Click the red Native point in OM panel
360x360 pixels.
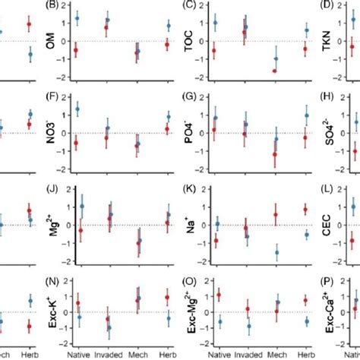[76, 50]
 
